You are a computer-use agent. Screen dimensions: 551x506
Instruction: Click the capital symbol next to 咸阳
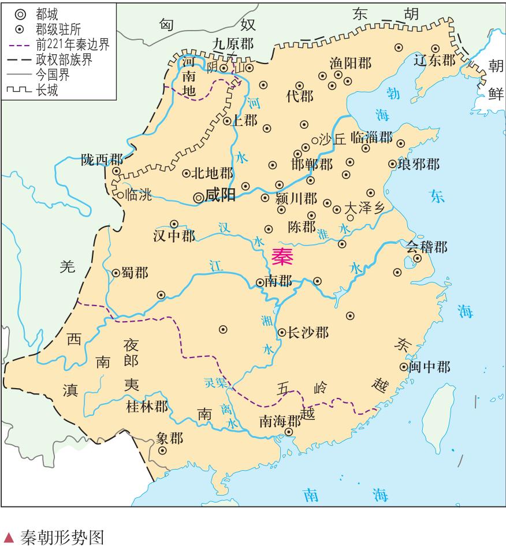198,197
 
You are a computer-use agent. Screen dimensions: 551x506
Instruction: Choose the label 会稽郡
426,247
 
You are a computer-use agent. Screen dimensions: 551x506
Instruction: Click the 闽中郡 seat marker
404,367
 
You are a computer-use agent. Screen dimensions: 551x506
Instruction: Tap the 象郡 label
169,438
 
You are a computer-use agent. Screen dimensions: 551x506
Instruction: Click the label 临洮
138,195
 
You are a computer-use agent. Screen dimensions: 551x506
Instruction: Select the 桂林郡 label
147,407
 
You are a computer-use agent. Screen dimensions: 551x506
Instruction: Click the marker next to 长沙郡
281,333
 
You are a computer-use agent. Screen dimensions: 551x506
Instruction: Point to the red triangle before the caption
9,538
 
